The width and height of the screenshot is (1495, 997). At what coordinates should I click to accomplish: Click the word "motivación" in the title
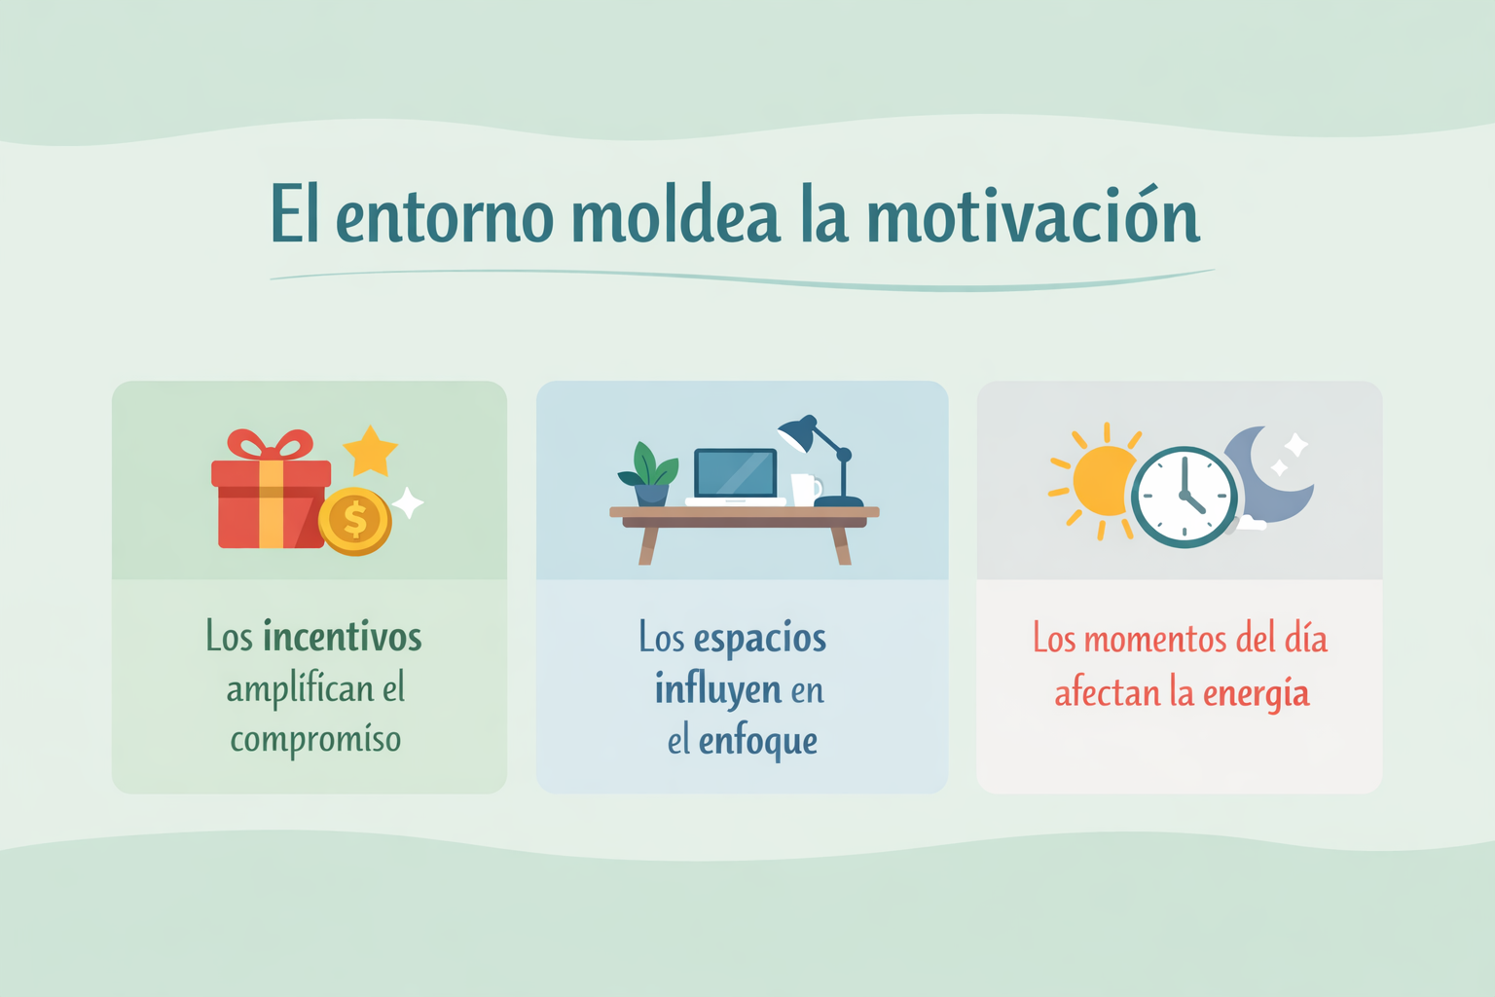tap(1033, 213)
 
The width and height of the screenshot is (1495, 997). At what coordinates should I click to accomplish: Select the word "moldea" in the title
tap(675, 213)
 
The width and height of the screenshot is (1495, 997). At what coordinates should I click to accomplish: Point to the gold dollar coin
tap(355, 521)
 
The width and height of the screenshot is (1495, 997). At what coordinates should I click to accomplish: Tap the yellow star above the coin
tap(371, 452)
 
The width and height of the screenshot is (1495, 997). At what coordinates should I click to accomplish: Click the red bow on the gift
tap(271, 445)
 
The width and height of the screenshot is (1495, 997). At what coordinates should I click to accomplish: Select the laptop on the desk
tap(735, 477)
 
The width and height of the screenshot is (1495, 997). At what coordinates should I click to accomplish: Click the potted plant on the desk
tap(649, 474)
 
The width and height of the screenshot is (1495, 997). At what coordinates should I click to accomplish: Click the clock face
tap(1184, 497)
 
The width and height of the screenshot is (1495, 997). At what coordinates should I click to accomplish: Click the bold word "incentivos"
tap(343, 637)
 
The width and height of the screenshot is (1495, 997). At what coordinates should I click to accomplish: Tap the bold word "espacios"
tap(759, 639)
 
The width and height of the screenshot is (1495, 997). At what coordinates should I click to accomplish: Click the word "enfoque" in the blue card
tap(758, 742)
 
